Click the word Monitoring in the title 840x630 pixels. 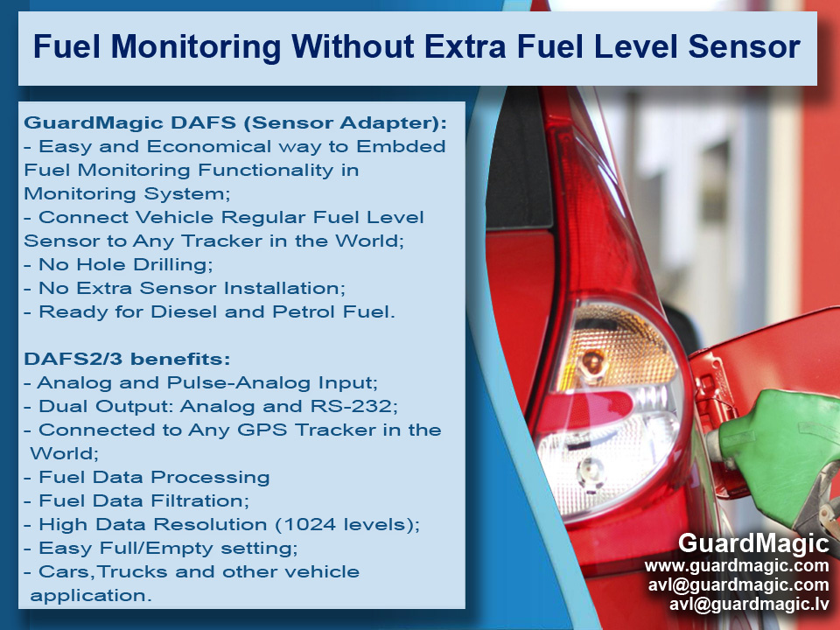click(x=195, y=46)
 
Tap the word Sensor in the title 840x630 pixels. click(x=744, y=46)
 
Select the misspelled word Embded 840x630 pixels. click(x=401, y=146)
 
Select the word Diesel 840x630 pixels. click(x=184, y=311)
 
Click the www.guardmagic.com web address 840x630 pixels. click(x=737, y=566)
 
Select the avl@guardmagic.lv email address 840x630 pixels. click(x=749, y=605)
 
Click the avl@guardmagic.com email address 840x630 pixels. click(x=738, y=585)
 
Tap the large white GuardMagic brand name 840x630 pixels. click(x=753, y=543)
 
